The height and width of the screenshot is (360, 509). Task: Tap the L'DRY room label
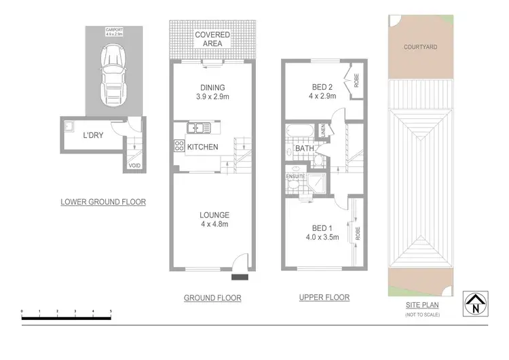(93, 135)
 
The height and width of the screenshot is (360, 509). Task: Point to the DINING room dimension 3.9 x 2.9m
(212, 97)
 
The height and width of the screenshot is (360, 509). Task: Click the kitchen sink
(200, 127)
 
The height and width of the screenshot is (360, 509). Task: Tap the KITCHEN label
(202, 147)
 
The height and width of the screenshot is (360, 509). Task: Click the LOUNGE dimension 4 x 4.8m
(214, 225)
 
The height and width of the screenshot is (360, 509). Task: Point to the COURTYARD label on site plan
(419, 48)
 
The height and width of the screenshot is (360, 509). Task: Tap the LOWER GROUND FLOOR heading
(103, 202)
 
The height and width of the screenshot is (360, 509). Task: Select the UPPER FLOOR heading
(324, 298)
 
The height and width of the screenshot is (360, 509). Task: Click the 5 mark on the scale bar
(111, 310)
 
